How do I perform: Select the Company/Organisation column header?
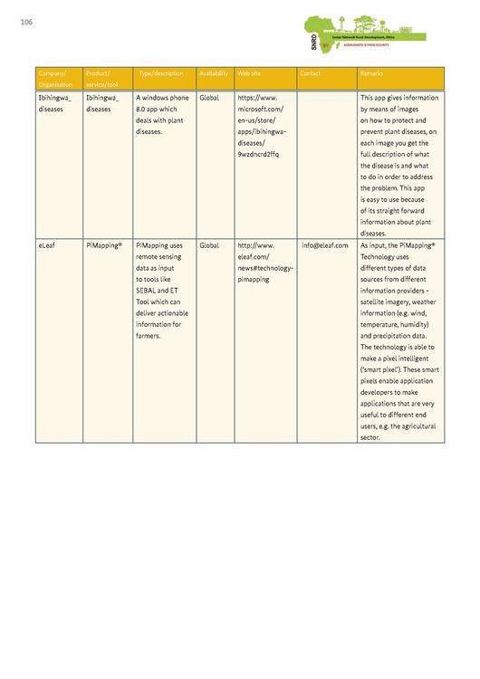click(54, 78)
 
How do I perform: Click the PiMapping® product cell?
click(104, 245)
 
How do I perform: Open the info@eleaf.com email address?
click(324, 245)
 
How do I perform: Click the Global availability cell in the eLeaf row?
click(208, 245)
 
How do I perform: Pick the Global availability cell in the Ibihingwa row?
click(208, 97)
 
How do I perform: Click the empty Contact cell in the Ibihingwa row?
click(326, 163)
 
